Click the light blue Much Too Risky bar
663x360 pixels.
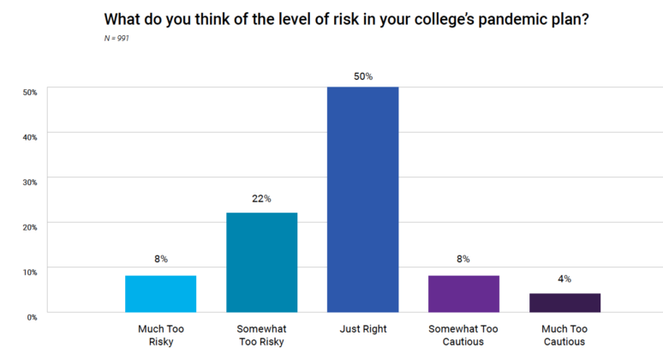pyautogui.click(x=160, y=293)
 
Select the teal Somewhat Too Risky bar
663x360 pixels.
pyautogui.click(x=261, y=262)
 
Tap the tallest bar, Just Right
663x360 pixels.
pyautogui.click(x=362, y=200)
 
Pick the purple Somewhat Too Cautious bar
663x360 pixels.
pyautogui.click(x=463, y=293)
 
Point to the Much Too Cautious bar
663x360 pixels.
pyautogui.click(x=564, y=303)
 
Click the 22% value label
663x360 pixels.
pyautogui.click(x=261, y=199)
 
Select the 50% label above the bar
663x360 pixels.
pyautogui.click(x=362, y=76)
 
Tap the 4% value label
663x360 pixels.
pyautogui.click(x=564, y=279)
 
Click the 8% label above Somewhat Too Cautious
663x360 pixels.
pyautogui.click(x=463, y=259)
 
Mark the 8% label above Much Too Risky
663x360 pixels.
pyautogui.click(x=160, y=259)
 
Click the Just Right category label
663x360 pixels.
pyautogui.click(x=362, y=328)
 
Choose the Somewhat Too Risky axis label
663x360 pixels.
pyautogui.click(x=261, y=334)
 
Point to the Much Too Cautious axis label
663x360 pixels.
pyautogui.click(x=564, y=334)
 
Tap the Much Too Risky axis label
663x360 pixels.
pyautogui.click(x=160, y=334)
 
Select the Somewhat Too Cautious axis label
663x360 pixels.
pyautogui.click(x=463, y=334)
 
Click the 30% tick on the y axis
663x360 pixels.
pyautogui.click(x=30, y=182)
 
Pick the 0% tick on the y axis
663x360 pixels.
pyautogui.click(x=32, y=316)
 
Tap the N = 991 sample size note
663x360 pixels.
pyautogui.click(x=116, y=38)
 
